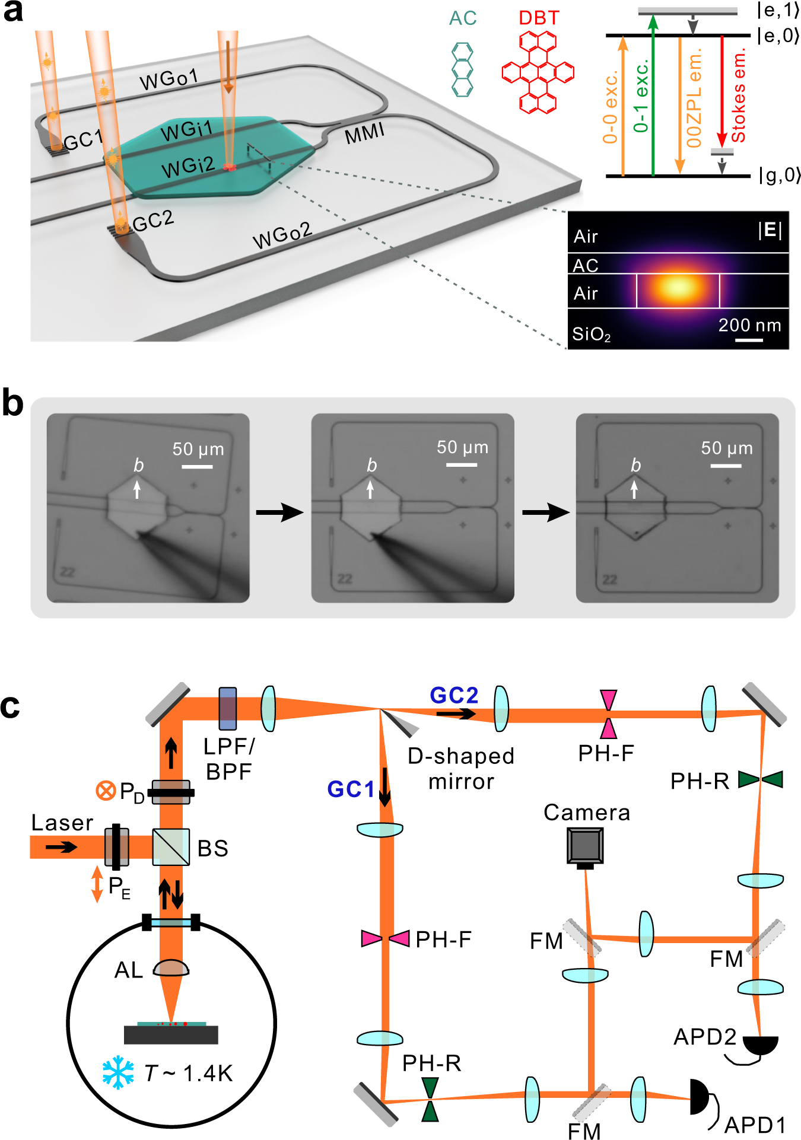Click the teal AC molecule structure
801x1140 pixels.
462,69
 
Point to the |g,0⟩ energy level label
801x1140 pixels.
779,176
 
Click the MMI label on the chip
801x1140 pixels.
364,134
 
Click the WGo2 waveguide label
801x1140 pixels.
282,235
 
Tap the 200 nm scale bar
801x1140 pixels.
749,340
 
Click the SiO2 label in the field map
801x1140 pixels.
591,335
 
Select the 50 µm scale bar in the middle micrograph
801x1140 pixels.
462,465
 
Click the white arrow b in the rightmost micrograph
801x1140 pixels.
634,489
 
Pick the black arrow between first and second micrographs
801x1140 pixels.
279,511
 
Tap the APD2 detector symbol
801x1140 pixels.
761,1045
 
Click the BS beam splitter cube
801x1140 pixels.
171,847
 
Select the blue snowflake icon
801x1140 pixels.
118,1072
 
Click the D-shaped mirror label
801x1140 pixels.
460,769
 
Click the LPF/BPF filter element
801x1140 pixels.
228,708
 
